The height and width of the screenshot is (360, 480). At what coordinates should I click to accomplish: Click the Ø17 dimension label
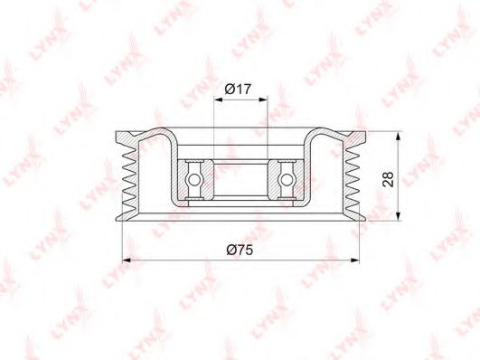(x=238, y=90)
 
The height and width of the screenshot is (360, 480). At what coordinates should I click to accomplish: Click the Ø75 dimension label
(x=240, y=250)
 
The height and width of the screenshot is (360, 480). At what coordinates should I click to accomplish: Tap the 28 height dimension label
(x=388, y=179)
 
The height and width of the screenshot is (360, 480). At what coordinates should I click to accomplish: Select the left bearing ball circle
(x=193, y=179)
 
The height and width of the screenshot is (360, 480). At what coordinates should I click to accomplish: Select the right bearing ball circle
(x=287, y=179)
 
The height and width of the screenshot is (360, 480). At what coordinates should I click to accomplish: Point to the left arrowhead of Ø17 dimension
(x=218, y=99)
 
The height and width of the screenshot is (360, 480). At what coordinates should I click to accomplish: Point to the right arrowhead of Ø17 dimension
(x=263, y=99)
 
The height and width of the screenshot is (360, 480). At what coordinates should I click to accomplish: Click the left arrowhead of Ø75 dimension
(x=127, y=261)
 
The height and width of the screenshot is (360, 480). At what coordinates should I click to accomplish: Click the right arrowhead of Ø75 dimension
(x=354, y=261)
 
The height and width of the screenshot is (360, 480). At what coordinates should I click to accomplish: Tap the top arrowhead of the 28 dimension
(x=398, y=137)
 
